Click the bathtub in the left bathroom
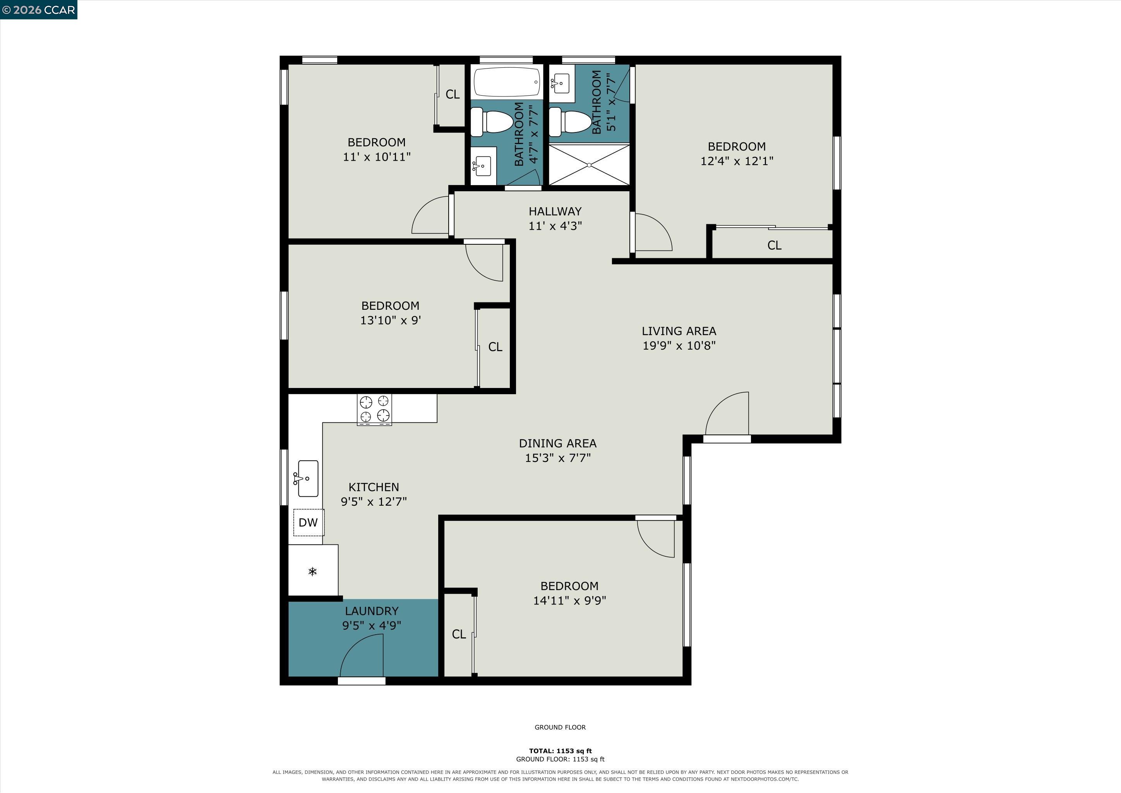[x=507, y=82]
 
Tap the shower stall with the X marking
[x=589, y=165]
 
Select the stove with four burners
[x=374, y=409]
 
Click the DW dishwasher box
[x=308, y=522]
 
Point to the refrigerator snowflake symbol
[x=312, y=571]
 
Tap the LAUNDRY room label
[x=372, y=611]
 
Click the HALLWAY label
[x=555, y=211]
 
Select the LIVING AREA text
[x=679, y=331]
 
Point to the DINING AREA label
[x=557, y=443]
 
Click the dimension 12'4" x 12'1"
[x=737, y=161]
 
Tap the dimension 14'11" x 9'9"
[x=569, y=601]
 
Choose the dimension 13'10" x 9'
[x=391, y=320]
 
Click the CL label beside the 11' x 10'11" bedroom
[x=453, y=94]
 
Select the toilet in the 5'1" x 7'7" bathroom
[x=570, y=122]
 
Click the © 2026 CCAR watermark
[x=39, y=10]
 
